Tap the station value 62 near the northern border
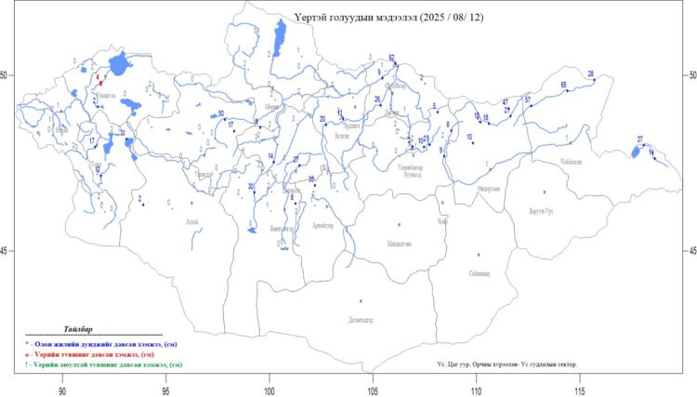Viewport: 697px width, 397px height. pyautogui.click(x=392, y=59)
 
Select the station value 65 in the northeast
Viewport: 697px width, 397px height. pyautogui.click(x=564, y=86)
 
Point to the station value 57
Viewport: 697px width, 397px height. pyautogui.click(x=527, y=99)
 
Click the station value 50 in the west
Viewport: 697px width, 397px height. pyautogui.click(x=220, y=113)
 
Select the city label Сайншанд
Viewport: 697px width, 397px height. pyautogui.click(x=480, y=273)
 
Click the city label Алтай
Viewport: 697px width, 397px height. pyautogui.click(x=191, y=221)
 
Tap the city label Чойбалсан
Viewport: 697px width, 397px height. pyautogui.click(x=570, y=162)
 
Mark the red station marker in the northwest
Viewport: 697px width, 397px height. pyautogui.click(x=99, y=83)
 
